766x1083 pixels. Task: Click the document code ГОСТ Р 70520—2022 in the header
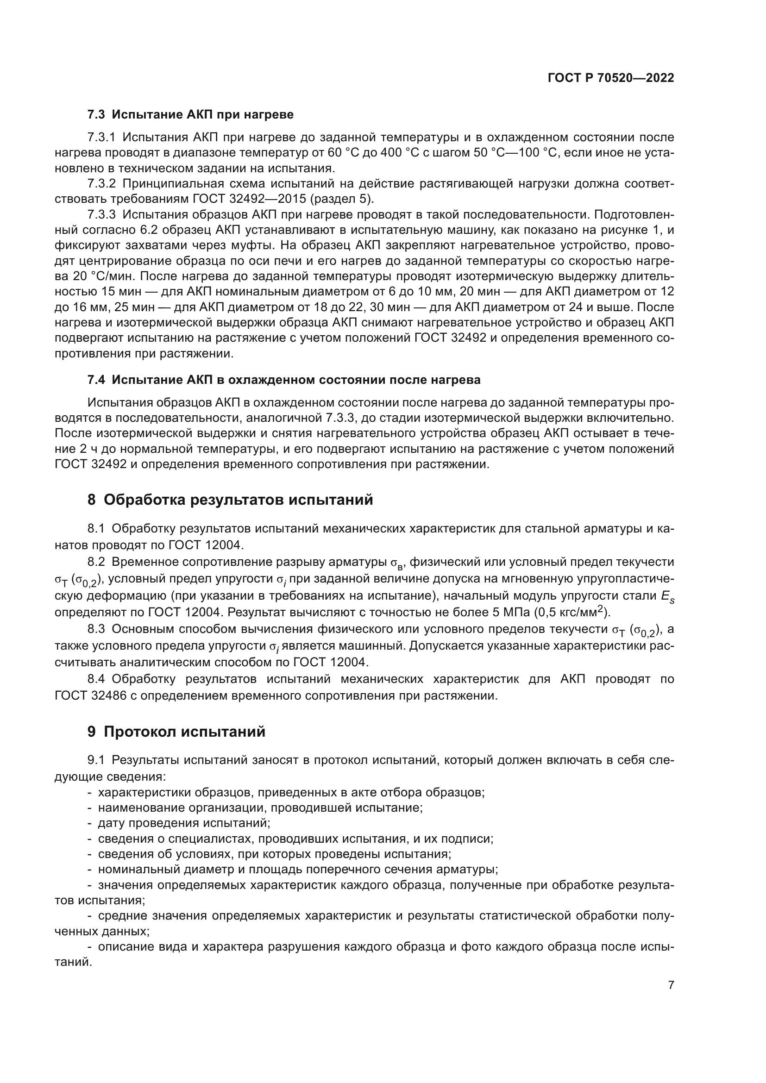pyautogui.click(x=610, y=78)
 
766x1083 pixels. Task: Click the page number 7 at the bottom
pyautogui.click(x=671, y=985)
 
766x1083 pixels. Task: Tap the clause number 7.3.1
pyautogui.click(x=101, y=137)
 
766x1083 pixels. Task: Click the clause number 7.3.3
pyautogui.click(x=101, y=215)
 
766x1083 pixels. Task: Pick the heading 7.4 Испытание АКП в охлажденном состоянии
pyautogui.click(x=283, y=380)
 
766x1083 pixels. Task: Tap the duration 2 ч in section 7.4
pyautogui.click(x=92, y=449)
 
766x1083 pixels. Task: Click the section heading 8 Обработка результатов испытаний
pyautogui.click(x=230, y=500)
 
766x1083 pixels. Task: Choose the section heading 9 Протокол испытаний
pyautogui.click(x=176, y=732)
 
